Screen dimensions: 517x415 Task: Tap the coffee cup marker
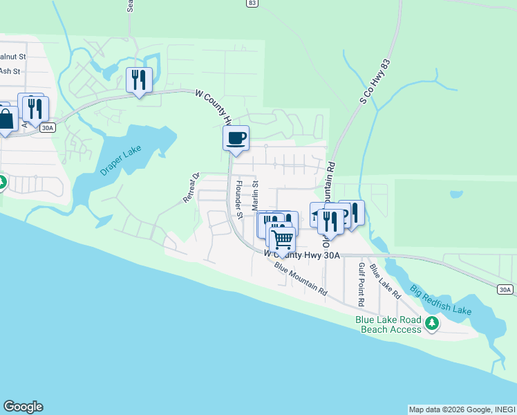pyautogui.click(x=236, y=138)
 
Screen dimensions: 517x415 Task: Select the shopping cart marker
pyautogui.click(x=281, y=239)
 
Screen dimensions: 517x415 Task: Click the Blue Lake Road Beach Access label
pyautogui.click(x=388, y=324)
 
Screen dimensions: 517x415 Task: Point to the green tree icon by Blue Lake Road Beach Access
pyautogui.click(x=432, y=322)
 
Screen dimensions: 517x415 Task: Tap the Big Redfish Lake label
pyautogui.click(x=440, y=299)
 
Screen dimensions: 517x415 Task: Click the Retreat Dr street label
pyautogui.click(x=191, y=187)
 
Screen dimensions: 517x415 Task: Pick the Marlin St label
pyautogui.click(x=254, y=196)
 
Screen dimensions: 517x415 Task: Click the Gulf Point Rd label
pyautogui.click(x=360, y=284)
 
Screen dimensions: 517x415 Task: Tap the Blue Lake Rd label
pyautogui.click(x=385, y=281)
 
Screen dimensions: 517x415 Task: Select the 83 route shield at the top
pyautogui.click(x=252, y=3)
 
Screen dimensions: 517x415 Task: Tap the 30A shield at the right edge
pyautogui.click(x=506, y=289)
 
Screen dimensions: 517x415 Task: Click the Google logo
pyautogui.click(x=23, y=407)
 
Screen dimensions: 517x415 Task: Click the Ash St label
pyautogui.click(x=10, y=71)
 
